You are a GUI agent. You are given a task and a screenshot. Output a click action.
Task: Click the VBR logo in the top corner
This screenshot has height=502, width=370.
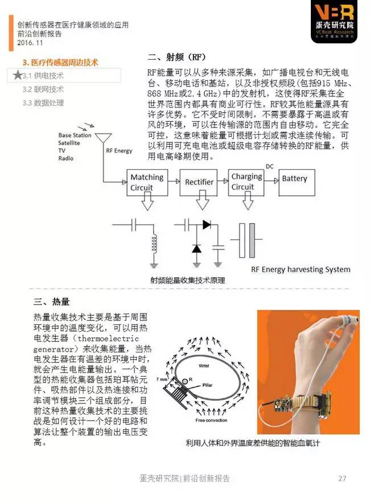335,21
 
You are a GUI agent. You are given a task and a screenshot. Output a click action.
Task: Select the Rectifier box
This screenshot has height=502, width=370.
199,182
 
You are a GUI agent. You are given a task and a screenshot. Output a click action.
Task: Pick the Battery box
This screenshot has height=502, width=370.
294,179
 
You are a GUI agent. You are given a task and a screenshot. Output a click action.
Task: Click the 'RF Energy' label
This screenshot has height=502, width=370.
119,151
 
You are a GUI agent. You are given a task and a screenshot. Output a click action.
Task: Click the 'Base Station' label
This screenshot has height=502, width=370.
75,135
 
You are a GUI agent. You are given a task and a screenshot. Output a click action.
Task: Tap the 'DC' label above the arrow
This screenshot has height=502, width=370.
270,166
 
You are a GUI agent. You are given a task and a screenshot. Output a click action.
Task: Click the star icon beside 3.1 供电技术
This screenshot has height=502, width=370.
18,75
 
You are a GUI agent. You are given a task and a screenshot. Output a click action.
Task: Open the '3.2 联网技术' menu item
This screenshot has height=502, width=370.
43,89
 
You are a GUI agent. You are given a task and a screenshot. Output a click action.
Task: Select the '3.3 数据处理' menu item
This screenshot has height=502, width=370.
43,103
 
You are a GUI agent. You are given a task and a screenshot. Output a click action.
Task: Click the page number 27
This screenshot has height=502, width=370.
342,478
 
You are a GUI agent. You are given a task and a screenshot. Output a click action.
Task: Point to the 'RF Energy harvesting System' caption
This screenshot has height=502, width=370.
301,269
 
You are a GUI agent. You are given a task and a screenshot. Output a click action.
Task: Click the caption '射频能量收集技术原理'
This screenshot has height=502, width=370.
188,280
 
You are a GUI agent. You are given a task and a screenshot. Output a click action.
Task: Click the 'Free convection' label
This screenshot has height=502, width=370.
211,420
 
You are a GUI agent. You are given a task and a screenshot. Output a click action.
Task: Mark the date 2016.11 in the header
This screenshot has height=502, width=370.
30,43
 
